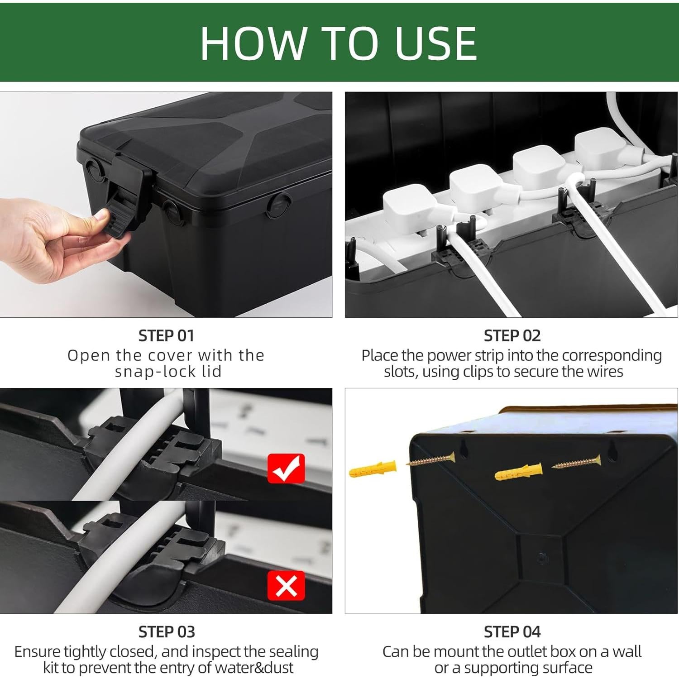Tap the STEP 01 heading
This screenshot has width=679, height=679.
[x=166, y=335]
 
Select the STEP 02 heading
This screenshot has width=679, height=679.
[x=512, y=335]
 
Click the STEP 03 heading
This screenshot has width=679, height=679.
[x=166, y=631]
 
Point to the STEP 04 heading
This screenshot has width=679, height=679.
[x=512, y=631]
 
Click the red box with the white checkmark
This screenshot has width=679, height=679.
[x=286, y=469]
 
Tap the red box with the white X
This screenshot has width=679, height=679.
[x=286, y=585]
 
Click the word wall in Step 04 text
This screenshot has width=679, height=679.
[x=626, y=651]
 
